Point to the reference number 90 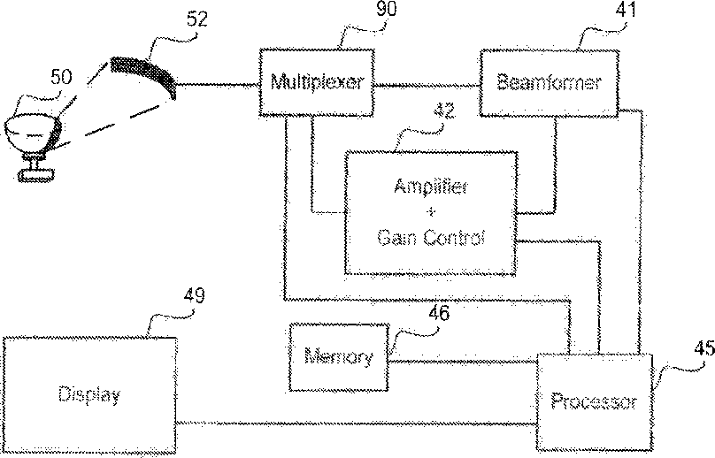pos(386,9)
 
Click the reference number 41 pos(626,9)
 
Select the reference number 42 pos(444,111)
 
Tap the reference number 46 pos(439,314)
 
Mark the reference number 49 pos(195,295)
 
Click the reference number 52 pos(197,19)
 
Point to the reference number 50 pos(61,77)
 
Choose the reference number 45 pos(704,348)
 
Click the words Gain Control pos(431,238)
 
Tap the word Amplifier pos(431,187)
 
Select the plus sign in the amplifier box pos(431,212)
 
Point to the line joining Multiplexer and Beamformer pos(427,85)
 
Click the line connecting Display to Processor pos(357,424)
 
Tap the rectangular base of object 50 pos(35,175)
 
